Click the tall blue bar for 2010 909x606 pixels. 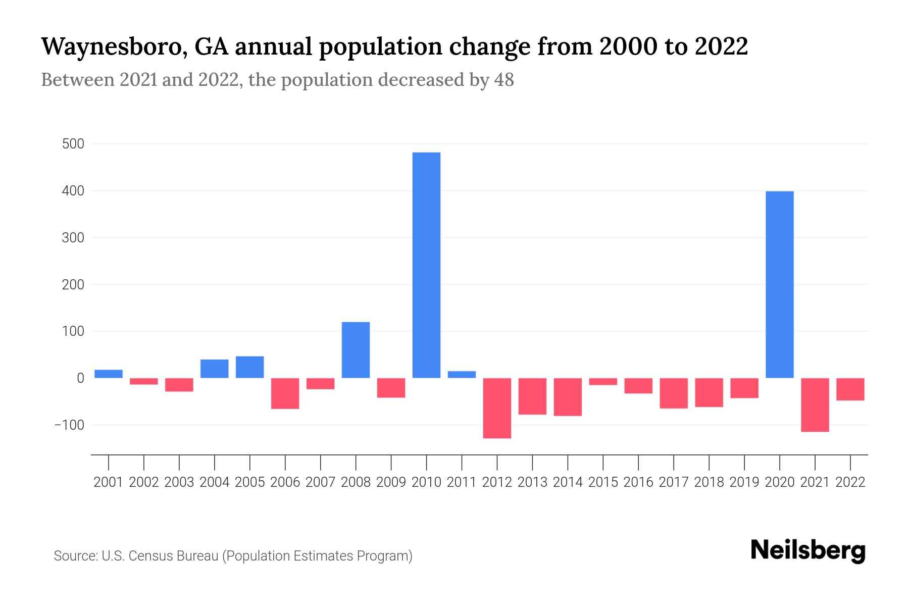[x=426, y=265]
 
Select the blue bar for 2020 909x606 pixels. [x=779, y=284]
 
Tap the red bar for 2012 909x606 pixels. [x=497, y=408]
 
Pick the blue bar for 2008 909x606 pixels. [x=356, y=350]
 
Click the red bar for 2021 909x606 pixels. [x=815, y=405]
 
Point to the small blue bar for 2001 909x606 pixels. [x=109, y=374]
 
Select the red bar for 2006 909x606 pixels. [x=285, y=393]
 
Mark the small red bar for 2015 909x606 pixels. [x=603, y=382]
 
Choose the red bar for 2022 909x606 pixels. [x=850, y=389]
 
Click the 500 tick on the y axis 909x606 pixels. [x=73, y=144]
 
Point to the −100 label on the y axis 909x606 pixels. [x=69, y=425]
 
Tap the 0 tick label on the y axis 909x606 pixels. [x=80, y=378]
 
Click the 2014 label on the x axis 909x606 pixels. [x=568, y=482]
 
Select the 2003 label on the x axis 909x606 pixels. [x=179, y=482]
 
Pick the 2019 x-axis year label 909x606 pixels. [x=744, y=482]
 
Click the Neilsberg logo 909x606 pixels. [x=808, y=550]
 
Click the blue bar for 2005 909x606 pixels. [x=250, y=367]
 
